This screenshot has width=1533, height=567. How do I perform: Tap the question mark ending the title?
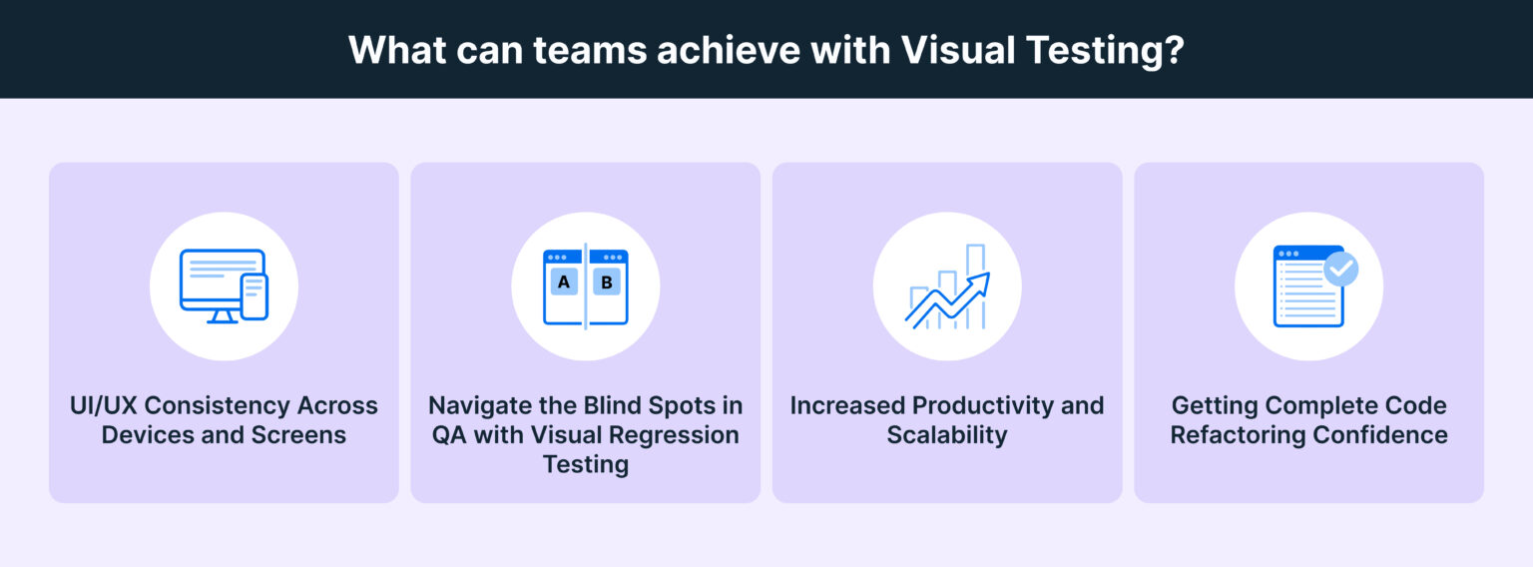tap(1174, 50)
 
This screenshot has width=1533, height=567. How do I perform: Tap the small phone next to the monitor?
tap(255, 296)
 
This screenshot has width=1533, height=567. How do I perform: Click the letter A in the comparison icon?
tap(564, 283)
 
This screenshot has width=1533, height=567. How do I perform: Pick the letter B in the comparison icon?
tap(607, 283)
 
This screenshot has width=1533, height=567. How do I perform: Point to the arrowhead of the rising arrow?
tap(982, 279)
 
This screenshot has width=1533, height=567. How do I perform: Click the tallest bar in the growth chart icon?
tap(975, 284)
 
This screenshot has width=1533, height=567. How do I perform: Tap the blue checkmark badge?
tap(1340, 269)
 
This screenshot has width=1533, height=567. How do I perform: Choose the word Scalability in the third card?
tap(947, 435)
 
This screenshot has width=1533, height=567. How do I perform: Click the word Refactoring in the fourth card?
tap(1242, 435)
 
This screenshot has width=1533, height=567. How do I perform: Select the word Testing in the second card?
tap(586, 465)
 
